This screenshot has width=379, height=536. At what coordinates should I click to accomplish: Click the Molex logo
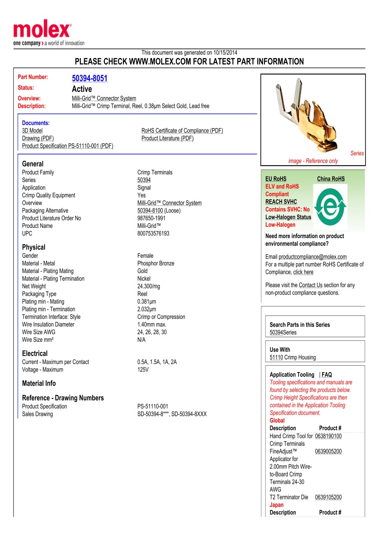pyautogui.click(x=42, y=31)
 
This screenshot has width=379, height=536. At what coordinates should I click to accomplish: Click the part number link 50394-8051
pyautogui.click(x=89, y=78)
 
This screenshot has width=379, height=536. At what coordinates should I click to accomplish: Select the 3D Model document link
pyautogui.click(x=32, y=131)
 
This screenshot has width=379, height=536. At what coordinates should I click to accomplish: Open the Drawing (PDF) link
pyautogui.click(x=38, y=138)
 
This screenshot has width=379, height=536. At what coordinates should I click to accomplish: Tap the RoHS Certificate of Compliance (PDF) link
pyautogui.click(x=182, y=131)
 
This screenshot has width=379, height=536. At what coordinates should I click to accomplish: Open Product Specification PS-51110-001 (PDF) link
pyautogui.click(x=67, y=146)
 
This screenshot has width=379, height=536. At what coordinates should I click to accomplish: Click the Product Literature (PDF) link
pyautogui.click(x=167, y=138)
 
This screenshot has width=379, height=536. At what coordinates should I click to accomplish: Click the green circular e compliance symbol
pyautogui.click(x=330, y=206)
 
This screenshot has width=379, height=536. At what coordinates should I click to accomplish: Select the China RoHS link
pyautogui.click(x=331, y=179)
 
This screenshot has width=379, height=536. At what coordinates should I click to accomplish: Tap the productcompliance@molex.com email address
pyautogui.click(x=312, y=257)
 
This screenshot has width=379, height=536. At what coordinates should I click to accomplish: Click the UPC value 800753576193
pyautogui.click(x=153, y=233)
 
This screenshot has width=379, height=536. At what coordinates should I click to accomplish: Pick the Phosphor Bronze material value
pyautogui.click(x=155, y=263)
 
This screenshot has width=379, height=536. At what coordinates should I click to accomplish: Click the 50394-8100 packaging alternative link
pyautogui.click(x=150, y=211)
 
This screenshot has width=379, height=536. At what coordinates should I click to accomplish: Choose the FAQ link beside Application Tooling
pyautogui.click(x=327, y=375)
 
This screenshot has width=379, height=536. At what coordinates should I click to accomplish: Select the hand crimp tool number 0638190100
pyautogui.click(x=328, y=436)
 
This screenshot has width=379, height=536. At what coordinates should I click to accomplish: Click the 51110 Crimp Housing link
pyautogui.click(x=276, y=357)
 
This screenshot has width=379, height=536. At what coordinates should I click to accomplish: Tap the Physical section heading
pyautogui.click(x=34, y=247)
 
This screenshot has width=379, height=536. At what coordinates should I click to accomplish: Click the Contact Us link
pyautogui.click(x=310, y=285)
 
